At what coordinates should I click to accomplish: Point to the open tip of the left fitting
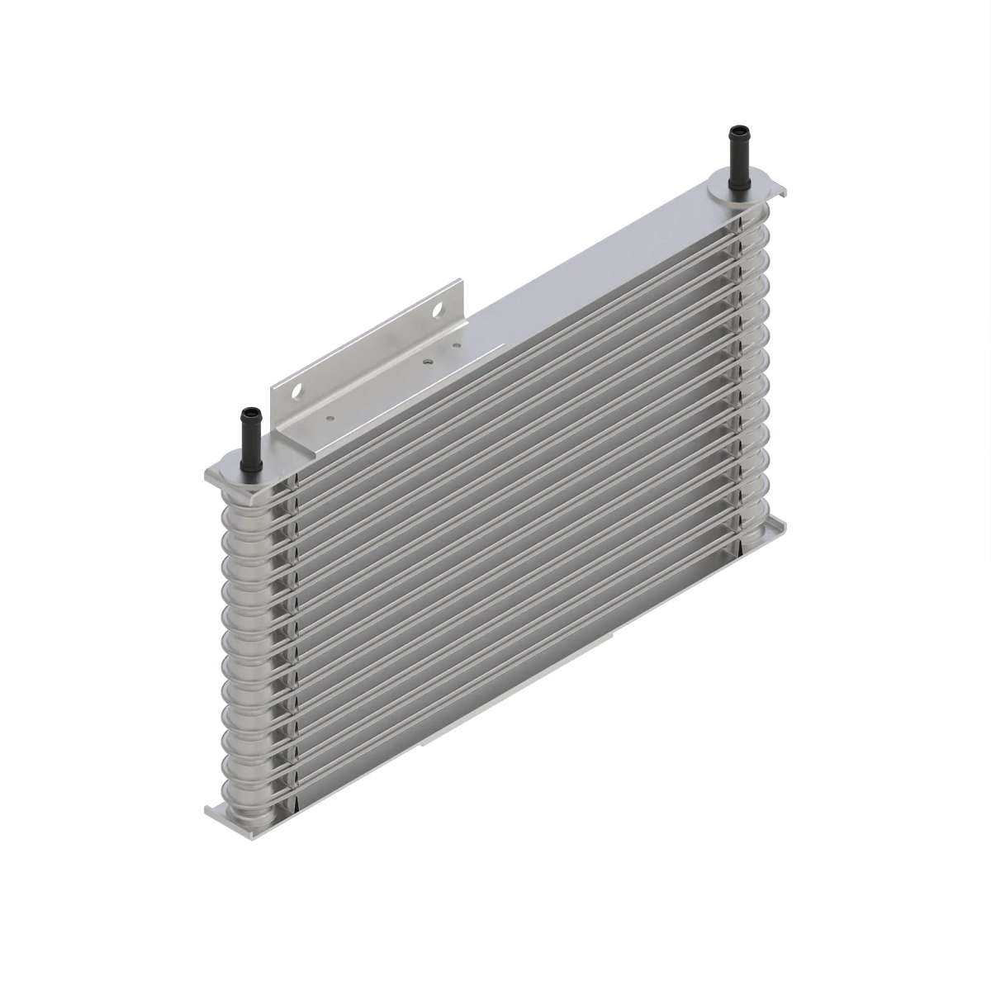247,410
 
